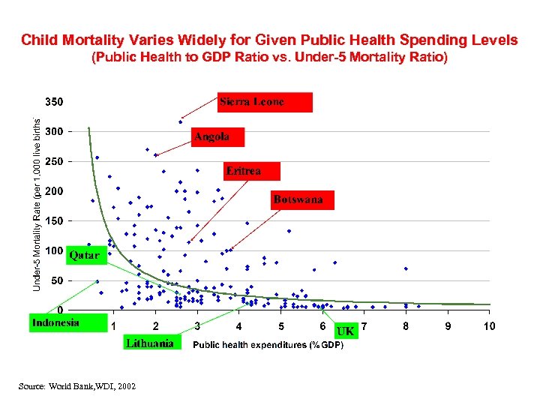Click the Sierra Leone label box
pos(265,102)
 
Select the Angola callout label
pos(217,136)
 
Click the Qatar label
pos(85,256)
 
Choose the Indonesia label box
pos(57,322)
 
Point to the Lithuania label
pos(151,343)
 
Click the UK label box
pos(345,331)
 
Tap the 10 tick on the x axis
pos(489,326)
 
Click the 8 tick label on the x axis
pos(406,326)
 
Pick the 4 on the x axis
pos(238,326)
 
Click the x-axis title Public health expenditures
pos(268,345)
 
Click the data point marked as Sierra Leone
pos(181,121)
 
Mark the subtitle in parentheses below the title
pos(269,57)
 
